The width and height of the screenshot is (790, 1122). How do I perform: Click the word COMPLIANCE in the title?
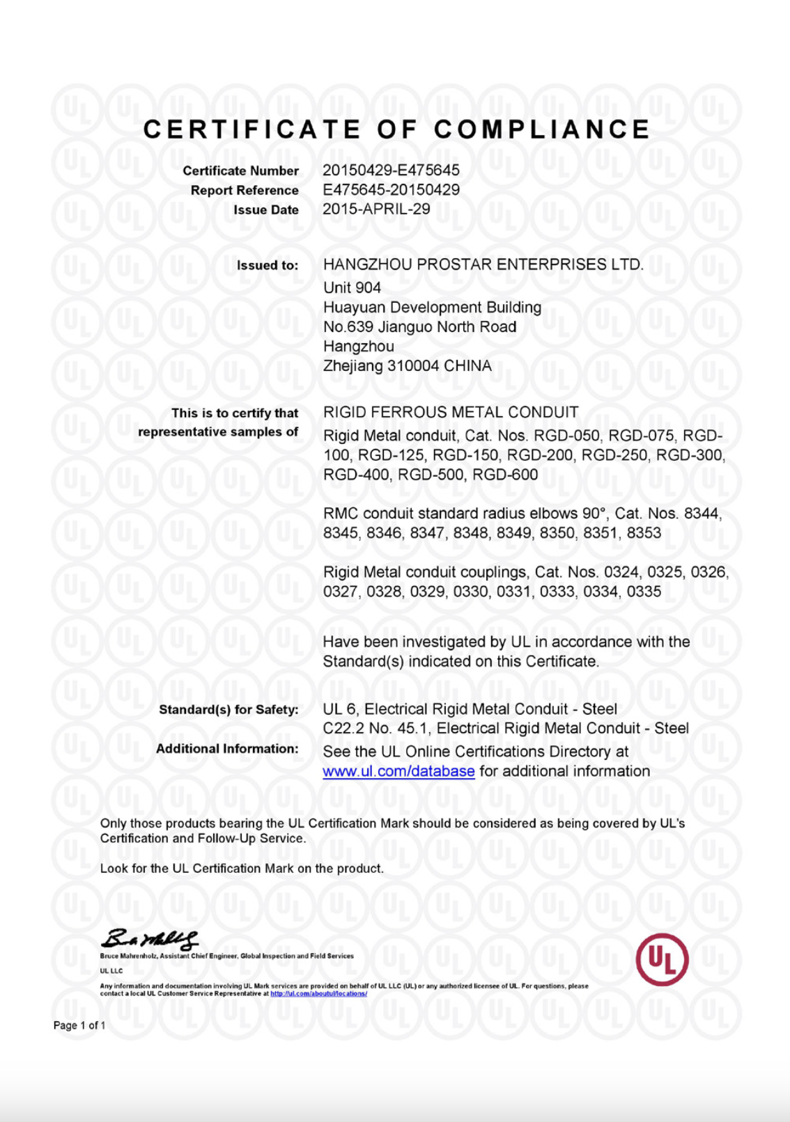542,129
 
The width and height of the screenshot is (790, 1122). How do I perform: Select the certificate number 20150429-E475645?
391,170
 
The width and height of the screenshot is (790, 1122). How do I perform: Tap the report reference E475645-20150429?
391,189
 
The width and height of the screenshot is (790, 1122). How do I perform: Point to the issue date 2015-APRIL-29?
376,209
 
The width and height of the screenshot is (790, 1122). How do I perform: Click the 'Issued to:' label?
268,265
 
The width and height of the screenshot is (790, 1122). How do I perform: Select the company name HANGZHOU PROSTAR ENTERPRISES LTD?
483,264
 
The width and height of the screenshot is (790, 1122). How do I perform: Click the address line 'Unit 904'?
352,287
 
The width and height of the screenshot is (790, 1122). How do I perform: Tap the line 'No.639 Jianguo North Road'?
419,326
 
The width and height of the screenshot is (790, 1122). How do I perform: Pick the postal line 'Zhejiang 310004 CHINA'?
407,365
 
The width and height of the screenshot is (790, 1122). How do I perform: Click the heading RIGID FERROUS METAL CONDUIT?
451,412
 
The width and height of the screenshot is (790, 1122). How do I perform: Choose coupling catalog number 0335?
644,592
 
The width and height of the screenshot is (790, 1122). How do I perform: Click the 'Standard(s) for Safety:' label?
229,709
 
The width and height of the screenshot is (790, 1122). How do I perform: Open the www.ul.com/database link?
398,771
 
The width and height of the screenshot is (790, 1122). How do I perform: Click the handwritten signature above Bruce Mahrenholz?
149,939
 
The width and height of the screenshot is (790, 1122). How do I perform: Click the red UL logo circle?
662,959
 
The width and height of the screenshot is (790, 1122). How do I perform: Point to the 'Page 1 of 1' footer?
79,1025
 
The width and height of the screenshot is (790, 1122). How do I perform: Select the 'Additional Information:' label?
227,748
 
